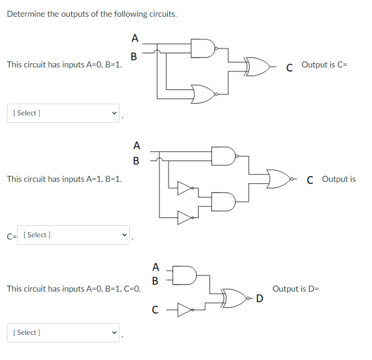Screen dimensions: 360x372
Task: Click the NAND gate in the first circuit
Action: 203,48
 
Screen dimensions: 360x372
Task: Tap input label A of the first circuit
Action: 134,37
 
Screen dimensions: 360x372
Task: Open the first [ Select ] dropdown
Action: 63,113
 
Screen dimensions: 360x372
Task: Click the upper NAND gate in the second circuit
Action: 223,156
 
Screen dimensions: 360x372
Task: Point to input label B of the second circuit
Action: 136,161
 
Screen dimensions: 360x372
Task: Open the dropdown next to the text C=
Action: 74,235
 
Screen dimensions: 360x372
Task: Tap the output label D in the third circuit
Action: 259,298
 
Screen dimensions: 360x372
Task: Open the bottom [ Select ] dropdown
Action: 63,333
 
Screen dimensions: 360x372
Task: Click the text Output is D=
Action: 296,289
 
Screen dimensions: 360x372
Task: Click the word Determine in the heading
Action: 26,14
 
